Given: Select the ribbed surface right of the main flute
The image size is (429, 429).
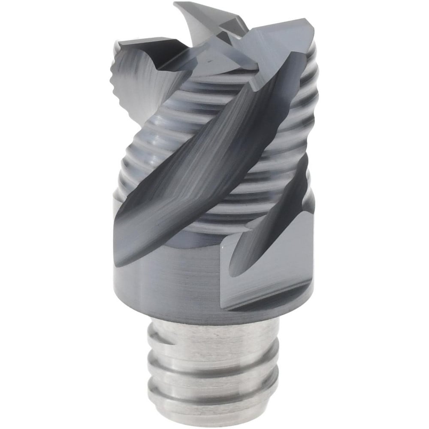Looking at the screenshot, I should click(275, 129).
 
